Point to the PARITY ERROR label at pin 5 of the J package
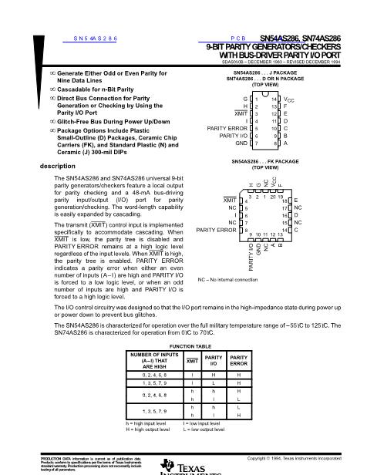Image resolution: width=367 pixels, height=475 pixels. [x=226, y=129]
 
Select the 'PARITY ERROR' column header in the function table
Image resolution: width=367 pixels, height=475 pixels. [x=241, y=360]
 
